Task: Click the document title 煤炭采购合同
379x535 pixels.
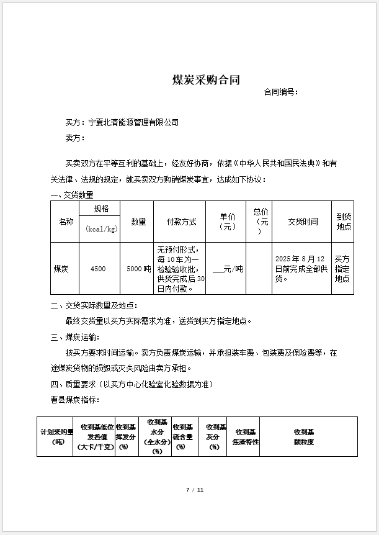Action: [x=205, y=80]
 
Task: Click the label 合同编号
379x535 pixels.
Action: [x=280, y=92]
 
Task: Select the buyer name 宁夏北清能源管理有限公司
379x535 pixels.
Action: [x=133, y=123]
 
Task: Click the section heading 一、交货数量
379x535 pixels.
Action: [x=72, y=195]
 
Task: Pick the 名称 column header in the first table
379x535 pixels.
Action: [x=66, y=222]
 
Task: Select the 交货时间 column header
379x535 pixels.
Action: [x=303, y=222]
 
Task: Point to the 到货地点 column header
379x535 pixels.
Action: [x=344, y=222]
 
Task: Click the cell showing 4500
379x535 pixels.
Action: [x=98, y=269]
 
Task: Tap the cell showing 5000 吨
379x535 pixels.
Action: [x=138, y=269]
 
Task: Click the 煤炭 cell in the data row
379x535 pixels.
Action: [x=61, y=269]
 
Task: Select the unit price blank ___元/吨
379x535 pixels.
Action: [x=228, y=269]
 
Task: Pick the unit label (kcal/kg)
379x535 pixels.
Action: [x=101, y=229]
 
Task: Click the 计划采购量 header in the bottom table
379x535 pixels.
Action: [x=57, y=436]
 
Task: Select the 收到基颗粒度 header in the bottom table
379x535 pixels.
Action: [x=303, y=436]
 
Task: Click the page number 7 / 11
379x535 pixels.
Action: [x=195, y=490]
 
